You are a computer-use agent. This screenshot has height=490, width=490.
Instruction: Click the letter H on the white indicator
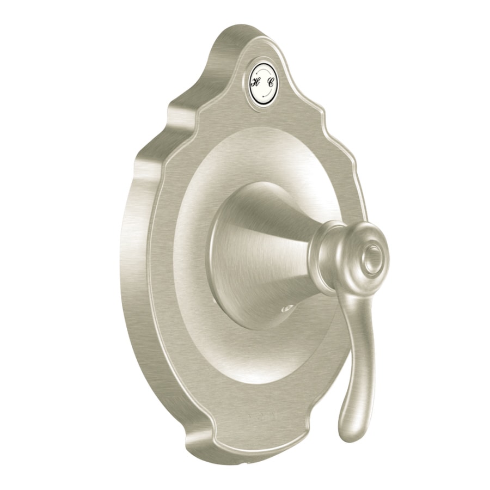(x=255, y=82)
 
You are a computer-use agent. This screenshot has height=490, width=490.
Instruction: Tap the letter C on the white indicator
(x=271, y=82)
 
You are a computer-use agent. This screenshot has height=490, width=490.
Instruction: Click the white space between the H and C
(x=263, y=82)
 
